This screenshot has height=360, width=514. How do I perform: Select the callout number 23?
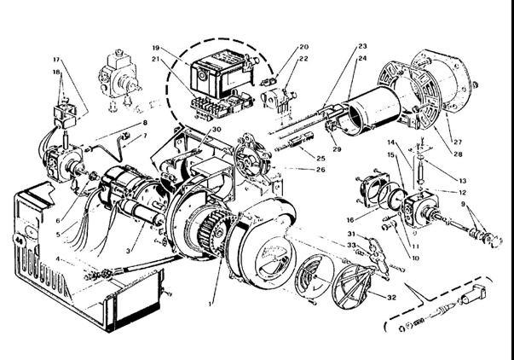(x=361, y=44)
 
